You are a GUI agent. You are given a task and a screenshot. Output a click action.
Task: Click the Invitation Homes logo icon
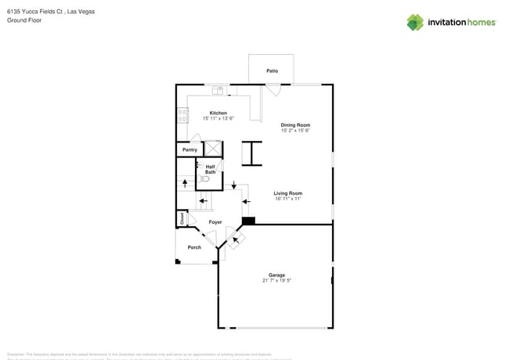point(415,22)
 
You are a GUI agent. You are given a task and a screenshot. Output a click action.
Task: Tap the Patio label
point(272,71)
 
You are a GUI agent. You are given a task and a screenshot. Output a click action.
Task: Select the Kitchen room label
point(218,113)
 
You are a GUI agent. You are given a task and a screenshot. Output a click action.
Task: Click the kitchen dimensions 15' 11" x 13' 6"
point(218,119)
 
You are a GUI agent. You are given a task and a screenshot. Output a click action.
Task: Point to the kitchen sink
point(218,90)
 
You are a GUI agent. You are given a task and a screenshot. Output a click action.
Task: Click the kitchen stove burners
point(183,115)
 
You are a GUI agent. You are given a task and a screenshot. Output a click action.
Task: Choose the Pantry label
point(190,149)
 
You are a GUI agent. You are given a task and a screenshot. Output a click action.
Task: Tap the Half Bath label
point(211,168)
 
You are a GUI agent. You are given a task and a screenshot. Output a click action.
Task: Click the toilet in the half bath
point(204,179)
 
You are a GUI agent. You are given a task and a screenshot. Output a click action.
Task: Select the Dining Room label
point(296,124)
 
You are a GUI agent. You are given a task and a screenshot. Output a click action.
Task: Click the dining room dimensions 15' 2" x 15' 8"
point(296,130)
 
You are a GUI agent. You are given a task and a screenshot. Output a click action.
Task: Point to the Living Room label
point(288,193)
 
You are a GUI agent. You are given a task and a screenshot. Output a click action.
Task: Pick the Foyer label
point(215,222)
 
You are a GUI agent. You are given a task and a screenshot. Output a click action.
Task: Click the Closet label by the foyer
point(182,218)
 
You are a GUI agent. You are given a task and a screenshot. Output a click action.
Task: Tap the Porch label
point(194,247)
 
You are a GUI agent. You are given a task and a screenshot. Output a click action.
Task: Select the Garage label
point(276,275)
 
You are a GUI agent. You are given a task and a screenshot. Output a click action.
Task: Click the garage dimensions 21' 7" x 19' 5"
point(276,280)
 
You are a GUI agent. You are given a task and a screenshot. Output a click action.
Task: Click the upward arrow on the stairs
point(186,183)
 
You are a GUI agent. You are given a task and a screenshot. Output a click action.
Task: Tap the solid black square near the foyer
point(248,221)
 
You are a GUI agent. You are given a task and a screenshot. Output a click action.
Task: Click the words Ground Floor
point(24,20)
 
